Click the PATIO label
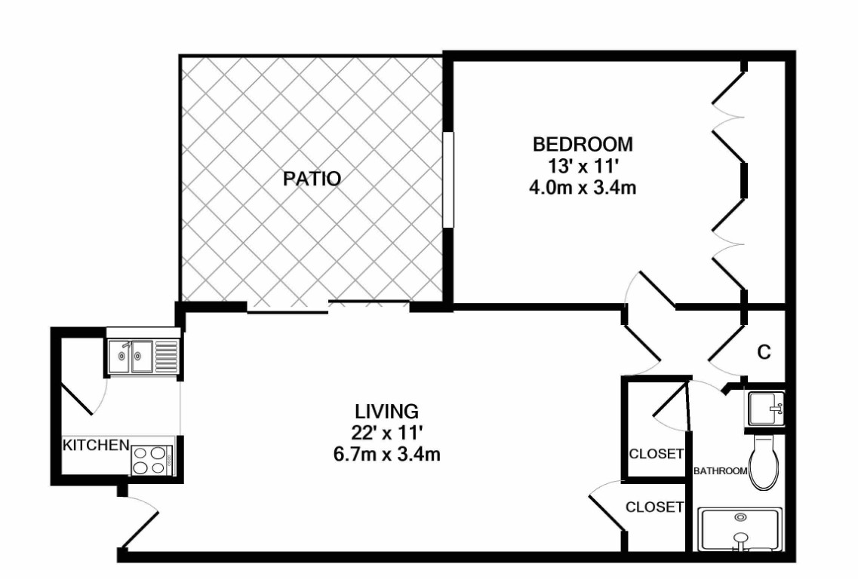pyautogui.click(x=312, y=179)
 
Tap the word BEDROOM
pyautogui.click(x=583, y=144)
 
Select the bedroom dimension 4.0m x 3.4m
pyautogui.click(x=583, y=188)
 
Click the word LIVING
pyautogui.click(x=387, y=411)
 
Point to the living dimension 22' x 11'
pyautogui.click(x=387, y=433)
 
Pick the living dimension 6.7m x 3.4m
pyautogui.click(x=387, y=455)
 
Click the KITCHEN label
pyautogui.click(x=96, y=445)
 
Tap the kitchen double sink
pyautogui.click(x=131, y=356)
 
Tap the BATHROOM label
pyautogui.click(x=720, y=470)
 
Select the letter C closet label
pyautogui.click(x=764, y=352)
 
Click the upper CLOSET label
pyautogui.click(x=656, y=454)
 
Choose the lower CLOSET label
pyautogui.click(x=654, y=507)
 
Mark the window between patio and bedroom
pyautogui.click(x=448, y=179)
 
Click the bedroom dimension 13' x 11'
pyautogui.click(x=583, y=166)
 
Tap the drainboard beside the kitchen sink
pyautogui.click(x=166, y=356)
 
